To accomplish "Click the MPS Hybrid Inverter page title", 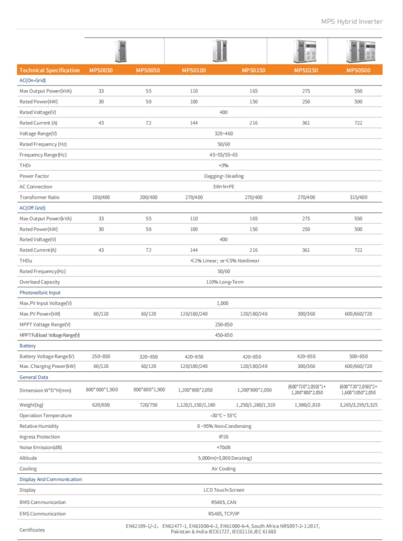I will click(x=352, y=21).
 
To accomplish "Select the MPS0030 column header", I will click(x=101, y=70).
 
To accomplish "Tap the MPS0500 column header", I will click(x=358, y=70).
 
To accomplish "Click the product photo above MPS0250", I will click(x=305, y=51).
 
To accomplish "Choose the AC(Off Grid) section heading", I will click(x=32, y=208).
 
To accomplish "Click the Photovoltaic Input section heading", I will click(x=40, y=292).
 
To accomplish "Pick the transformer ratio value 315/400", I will click(x=358, y=197).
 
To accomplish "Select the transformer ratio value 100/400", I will click(x=101, y=197).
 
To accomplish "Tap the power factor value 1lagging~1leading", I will click(x=223, y=176).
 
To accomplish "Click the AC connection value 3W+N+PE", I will click(x=223, y=186).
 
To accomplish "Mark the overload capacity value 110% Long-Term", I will click(x=224, y=282).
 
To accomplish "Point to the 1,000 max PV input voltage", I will click(x=223, y=303).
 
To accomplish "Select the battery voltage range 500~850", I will click(x=358, y=356).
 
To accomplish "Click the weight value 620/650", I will click(x=101, y=404).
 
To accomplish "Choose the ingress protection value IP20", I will click(x=223, y=436).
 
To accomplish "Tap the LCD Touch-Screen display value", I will click(x=224, y=490).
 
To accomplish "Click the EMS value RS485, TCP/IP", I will click(x=223, y=514).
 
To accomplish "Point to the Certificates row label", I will click(x=32, y=530).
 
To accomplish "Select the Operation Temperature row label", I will click(x=45, y=416).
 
